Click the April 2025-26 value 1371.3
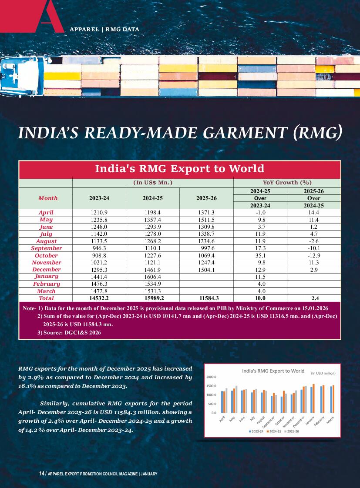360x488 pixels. click(206, 213)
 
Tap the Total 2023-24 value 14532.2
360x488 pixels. click(99, 298)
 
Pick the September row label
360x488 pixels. click(46, 248)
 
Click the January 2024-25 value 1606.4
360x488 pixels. click(152, 277)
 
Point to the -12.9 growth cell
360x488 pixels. click(313, 256)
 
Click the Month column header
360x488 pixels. click(48, 198)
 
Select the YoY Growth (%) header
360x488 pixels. click(287, 183)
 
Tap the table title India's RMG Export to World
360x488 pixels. click(179, 168)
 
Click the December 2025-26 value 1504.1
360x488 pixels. click(206, 270)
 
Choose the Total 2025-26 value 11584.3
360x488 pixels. click(206, 298)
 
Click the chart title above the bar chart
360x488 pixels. click(273, 371)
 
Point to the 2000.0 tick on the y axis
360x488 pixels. click(212, 377)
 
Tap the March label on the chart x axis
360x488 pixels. click(330, 421)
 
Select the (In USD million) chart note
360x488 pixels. click(323, 373)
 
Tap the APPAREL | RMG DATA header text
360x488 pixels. click(104, 30)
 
